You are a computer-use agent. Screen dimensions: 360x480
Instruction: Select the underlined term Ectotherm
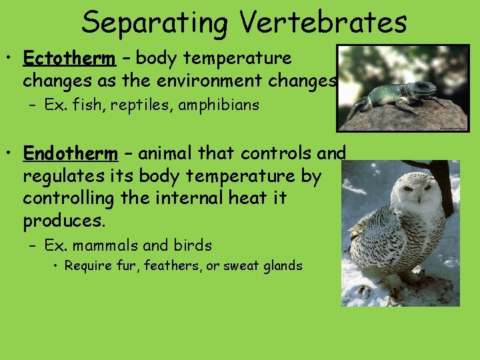[x=69, y=59]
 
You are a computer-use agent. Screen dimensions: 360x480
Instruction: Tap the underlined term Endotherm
[x=70, y=154]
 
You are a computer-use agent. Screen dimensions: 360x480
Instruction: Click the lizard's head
[x=423, y=87]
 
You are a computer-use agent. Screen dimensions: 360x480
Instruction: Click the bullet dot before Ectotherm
[x=12, y=59]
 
